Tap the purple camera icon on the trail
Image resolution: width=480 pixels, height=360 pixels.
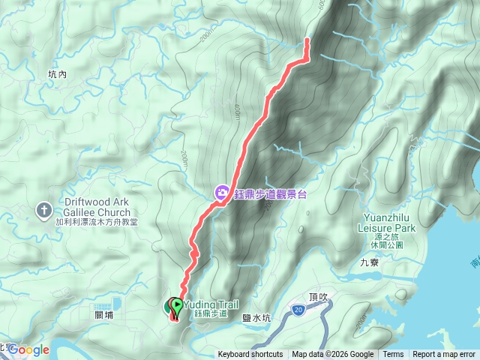coord(222,193)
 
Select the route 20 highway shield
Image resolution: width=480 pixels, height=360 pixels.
coord(298,308)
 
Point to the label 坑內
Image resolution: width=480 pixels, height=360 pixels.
coord(57,74)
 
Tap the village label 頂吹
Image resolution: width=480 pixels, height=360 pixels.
coord(319,296)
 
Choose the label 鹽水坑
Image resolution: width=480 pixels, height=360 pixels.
coord(256,318)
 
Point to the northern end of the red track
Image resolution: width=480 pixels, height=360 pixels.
coord(307,40)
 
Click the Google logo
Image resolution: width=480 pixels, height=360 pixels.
coord(28,349)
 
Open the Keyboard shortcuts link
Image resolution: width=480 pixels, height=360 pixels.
coord(250,355)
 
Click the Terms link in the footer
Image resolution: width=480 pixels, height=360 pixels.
coord(393,355)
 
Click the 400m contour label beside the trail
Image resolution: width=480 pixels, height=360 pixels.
coord(237,110)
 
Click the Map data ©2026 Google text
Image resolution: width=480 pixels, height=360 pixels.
coord(333,355)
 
